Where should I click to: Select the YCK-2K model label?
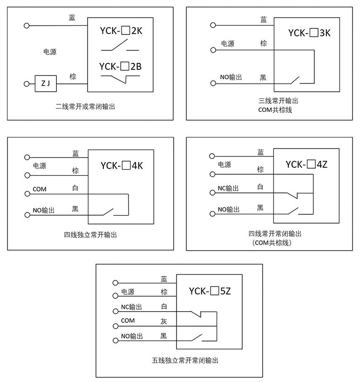pyautogui.click(x=120, y=31)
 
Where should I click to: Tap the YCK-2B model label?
pyautogui.click(x=120, y=67)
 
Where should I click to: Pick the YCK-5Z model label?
pyautogui.click(x=210, y=292)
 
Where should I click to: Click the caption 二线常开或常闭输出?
pyautogui.click(x=85, y=107)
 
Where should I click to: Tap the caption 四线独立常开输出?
pyautogui.click(x=90, y=234)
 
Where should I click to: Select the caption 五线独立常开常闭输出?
pyautogui.click(x=185, y=360)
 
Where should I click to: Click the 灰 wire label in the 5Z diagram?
pyautogui.click(x=163, y=321)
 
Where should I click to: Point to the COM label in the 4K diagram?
pyautogui.click(x=40, y=189)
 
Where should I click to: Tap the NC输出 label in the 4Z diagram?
pyautogui.click(x=228, y=189)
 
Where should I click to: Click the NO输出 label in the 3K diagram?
pyautogui.click(x=231, y=77)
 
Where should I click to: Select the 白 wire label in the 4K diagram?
pyautogui.click(x=75, y=188)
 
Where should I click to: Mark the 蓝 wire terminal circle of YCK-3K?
pyautogui.click(x=213, y=25)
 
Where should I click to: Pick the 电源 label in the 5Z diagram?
pyautogui.click(x=128, y=292)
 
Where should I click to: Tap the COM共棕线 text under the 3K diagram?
pyautogui.click(x=275, y=110)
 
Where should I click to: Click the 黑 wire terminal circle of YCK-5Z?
pyautogui.click(x=115, y=340)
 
